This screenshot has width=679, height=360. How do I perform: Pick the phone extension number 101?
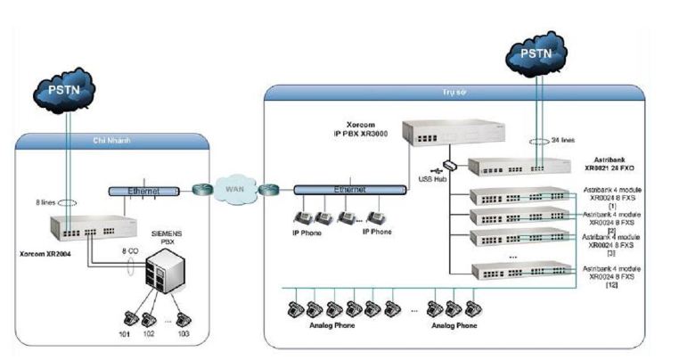click(x=123, y=333)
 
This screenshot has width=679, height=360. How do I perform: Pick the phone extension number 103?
click(x=184, y=333)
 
